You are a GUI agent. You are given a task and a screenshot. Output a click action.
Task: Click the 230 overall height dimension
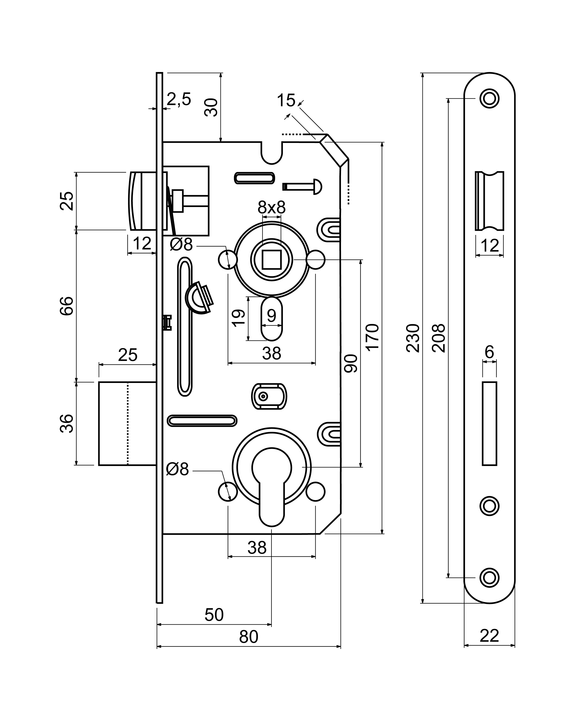[413, 338]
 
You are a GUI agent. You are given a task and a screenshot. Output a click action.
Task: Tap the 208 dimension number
[439, 338]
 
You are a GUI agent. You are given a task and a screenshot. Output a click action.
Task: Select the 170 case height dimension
[372, 337]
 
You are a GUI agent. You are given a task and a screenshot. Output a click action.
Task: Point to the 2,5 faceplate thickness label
[179, 99]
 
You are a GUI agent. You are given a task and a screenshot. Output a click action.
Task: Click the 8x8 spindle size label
[271, 207]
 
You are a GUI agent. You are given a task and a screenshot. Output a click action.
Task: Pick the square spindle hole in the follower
[271, 259]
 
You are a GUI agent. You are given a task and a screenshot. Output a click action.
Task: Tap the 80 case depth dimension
[248, 637]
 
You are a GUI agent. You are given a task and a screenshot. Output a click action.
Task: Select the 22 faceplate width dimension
[489, 636]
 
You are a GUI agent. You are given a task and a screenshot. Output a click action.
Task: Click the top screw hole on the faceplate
[489, 99]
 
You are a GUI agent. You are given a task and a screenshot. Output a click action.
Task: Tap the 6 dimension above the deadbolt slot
[489, 352]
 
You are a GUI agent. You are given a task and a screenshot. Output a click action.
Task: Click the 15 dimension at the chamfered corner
[286, 100]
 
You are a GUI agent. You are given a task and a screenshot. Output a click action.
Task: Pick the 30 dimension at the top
[211, 107]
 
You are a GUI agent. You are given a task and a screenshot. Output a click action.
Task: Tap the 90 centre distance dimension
[351, 363]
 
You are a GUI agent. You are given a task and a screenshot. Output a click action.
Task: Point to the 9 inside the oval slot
[271, 315]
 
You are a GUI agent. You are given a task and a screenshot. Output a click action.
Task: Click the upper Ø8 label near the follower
[181, 245]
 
